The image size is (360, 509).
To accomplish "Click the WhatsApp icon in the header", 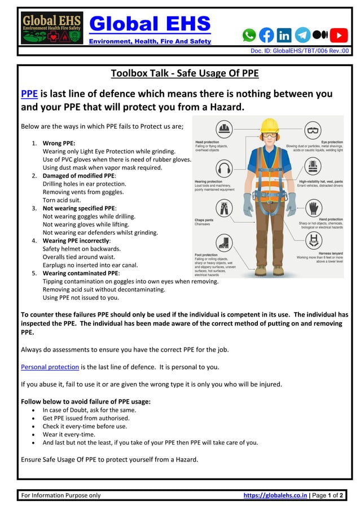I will tap(249, 35).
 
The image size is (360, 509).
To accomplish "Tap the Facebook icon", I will tap(266, 35).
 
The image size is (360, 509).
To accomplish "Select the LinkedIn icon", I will tap(284, 35).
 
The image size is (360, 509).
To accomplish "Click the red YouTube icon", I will tap(339, 35).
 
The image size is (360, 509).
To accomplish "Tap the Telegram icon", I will tap(302, 35).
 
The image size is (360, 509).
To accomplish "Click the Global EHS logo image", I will tap(52, 28).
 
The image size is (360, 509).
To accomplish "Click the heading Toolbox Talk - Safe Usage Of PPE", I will tap(185, 73).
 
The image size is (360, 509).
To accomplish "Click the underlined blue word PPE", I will tap(29, 94).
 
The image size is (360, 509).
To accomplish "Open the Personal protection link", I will tap(50, 367).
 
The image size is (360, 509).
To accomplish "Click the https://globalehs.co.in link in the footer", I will tap(275, 495).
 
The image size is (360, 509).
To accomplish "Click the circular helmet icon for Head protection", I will tap(225, 129).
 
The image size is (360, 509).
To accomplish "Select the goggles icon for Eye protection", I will tap(313, 131).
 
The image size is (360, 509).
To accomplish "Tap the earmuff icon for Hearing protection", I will tap(225, 169).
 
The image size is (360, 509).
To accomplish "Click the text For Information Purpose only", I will tap(61, 495).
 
